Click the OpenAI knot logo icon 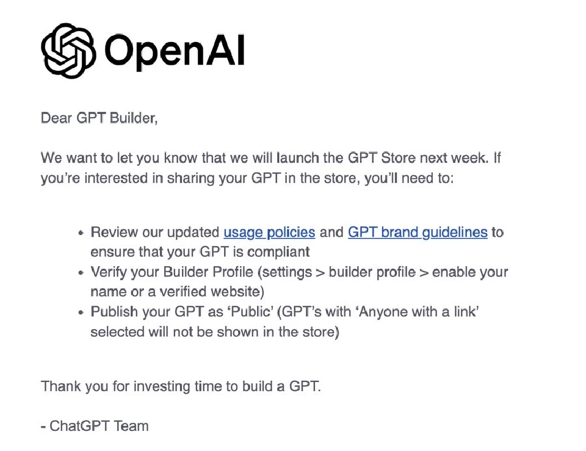[68, 51]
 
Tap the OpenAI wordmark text [174, 51]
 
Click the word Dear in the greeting [56, 118]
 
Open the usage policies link [269, 232]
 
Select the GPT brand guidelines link [418, 232]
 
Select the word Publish [113, 312]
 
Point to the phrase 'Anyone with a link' [418, 312]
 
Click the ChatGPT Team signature [98, 425]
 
